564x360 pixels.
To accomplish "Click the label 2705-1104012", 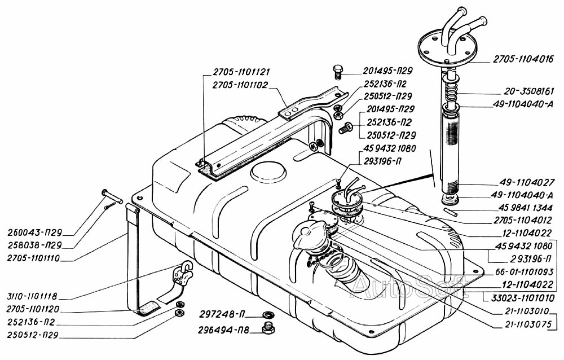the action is pyautogui.click(x=527, y=219).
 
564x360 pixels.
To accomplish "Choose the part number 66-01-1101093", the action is pyautogui.click(x=524, y=272).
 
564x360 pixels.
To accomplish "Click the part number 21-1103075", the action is pyautogui.click(x=528, y=324).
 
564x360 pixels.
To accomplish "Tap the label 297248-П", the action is pyautogui.click(x=222, y=315).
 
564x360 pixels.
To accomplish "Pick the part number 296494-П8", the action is pyautogui.click(x=223, y=330).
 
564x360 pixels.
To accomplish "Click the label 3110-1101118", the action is pyautogui.click(x=32, y=297).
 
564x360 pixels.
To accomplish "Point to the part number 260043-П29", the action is pyautogui.click(x=34, y=232).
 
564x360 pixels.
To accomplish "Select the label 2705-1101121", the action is pyautogui.click(x=241, y=72).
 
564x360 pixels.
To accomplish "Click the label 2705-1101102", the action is pyautogui.click(x=240, y=85).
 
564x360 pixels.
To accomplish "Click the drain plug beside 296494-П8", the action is pyautogui.click(x=267, y=328).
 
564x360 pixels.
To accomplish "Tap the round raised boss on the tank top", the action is pyautogui.click(x=268, y=173).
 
